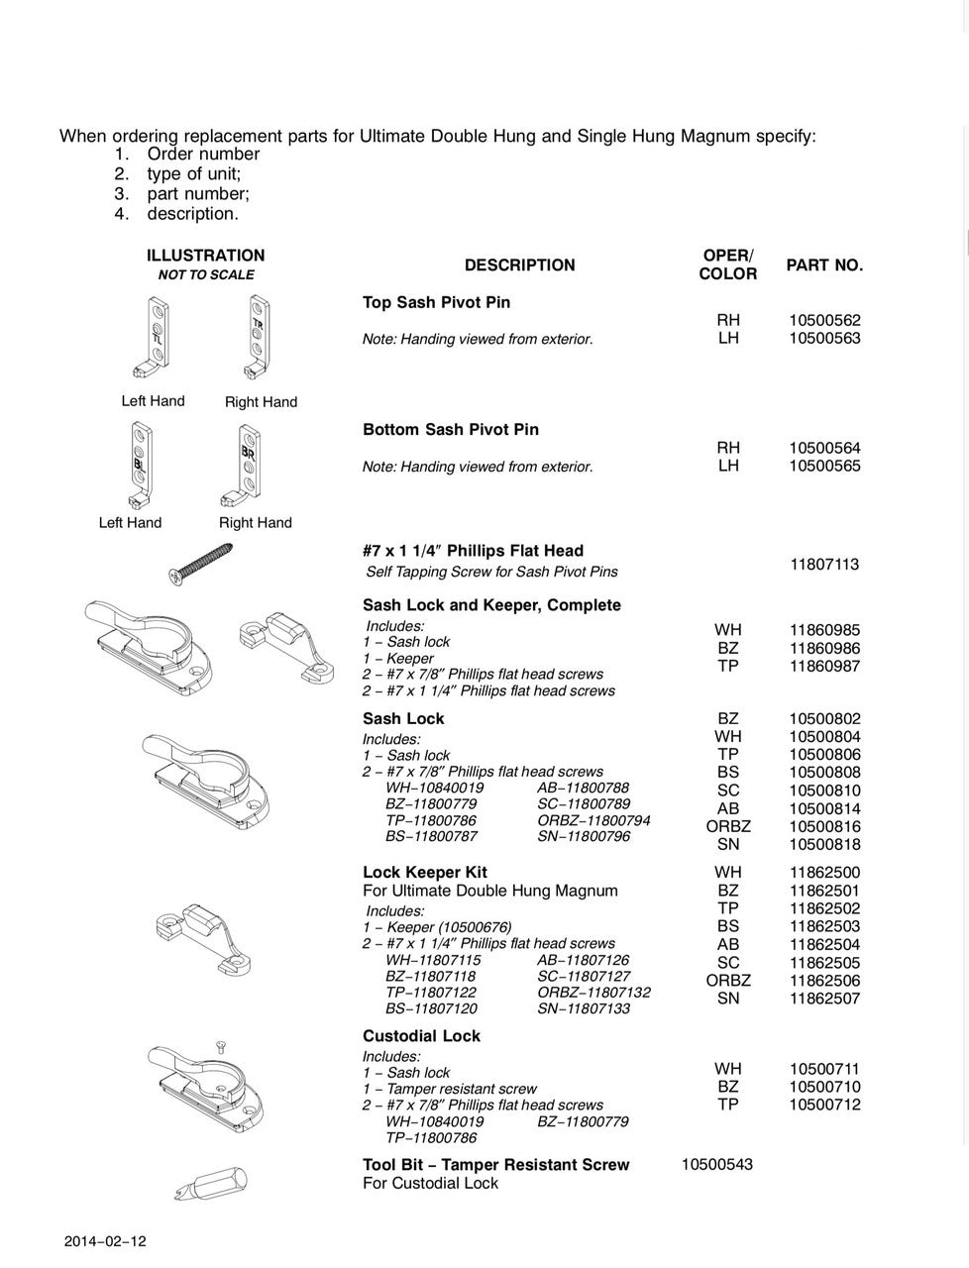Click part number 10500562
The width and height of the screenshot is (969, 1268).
coord(824,320)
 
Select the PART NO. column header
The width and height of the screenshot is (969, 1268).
coord(824,265)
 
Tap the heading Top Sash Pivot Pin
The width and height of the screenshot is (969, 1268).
coord(436,302)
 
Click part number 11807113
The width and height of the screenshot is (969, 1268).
coord(824,565)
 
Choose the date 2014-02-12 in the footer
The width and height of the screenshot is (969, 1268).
coord(105,1241)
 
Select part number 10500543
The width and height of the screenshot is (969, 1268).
coord(716,1164)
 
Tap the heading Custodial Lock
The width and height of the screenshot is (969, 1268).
coord(421,1036)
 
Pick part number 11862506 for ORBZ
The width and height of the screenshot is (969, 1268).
coord(824,981)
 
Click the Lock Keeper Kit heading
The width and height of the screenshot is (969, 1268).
coord(425,873)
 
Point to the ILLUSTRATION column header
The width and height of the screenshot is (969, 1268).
coord(205,256)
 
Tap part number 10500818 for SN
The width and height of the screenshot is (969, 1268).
coord(824,845)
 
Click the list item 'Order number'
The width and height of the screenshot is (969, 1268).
coord(203,154)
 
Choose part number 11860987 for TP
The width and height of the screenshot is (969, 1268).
coord(824,667)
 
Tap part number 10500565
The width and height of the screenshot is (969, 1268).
coord(824,466)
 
